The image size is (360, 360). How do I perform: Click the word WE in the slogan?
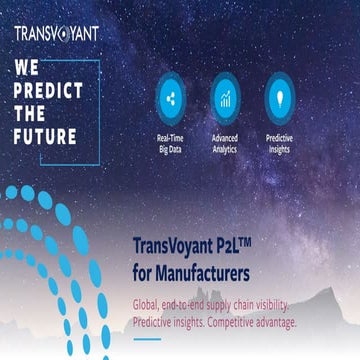pyautogui.click(x=27, y=69)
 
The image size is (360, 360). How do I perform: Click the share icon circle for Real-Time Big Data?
pyautogui.click(x=169, y=98)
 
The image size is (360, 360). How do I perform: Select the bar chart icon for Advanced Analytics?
pyautogui.click(x=225, y=98)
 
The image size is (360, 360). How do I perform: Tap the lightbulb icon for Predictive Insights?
pyautogui.click(x=279, y=98)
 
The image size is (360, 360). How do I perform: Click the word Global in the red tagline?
pyautogui.click(x=147, y=304)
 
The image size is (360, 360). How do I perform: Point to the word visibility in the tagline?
pyautogui.click(x=268, y=304)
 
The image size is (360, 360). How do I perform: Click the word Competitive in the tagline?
pyautogui.click(x=233, y=322)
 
